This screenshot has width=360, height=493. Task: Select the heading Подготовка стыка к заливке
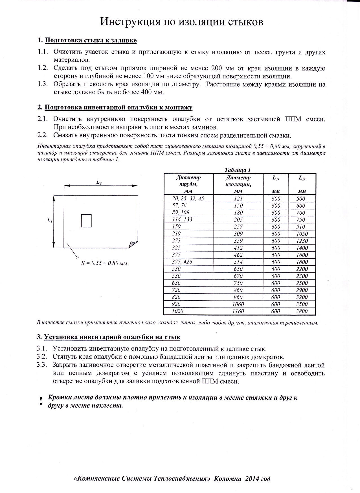tap(91, 40)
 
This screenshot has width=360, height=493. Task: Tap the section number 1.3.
tap(43, 84)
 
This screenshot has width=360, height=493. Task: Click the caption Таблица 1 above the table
tap(238, 170)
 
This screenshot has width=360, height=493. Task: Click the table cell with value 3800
tap(302, 311)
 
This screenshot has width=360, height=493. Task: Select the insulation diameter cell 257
tap(238, 227)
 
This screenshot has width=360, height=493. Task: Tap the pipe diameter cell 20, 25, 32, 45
tap(188, 199)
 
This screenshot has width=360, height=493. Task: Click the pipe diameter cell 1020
tap(177, 311)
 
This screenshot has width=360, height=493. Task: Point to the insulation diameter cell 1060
tap(238, 304)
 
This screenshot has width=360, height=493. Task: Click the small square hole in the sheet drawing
tap(86, 221)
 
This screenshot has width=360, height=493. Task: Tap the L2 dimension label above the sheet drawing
tap(99, 182)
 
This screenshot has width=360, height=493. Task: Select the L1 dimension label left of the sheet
tap(49, 221)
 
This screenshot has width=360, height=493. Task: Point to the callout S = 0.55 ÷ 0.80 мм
tap(104, 263)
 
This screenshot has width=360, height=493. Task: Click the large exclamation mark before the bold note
tap(41, 401)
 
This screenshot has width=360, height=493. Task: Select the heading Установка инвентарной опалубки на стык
tap(112, 337)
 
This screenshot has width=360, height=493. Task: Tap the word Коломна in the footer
tap(228, 479)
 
